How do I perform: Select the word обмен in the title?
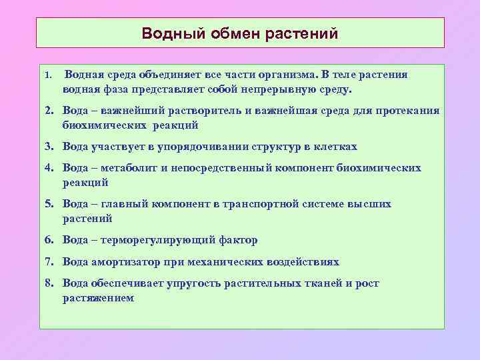click(233, 33)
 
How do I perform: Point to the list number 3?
click(49, 147)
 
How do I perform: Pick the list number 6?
click(49, 240)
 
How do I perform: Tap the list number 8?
click(49, 283)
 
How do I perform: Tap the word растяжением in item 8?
click(98, 298)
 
